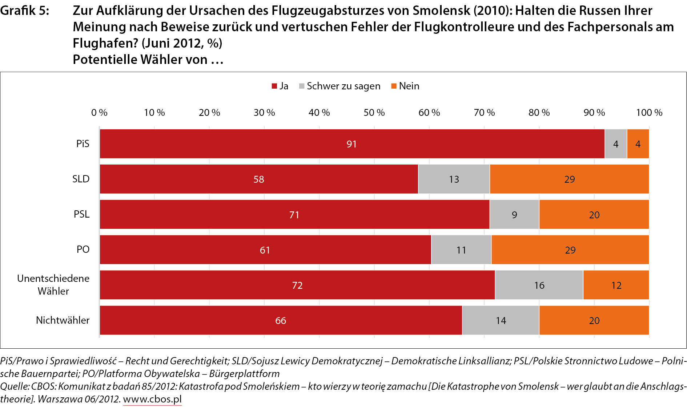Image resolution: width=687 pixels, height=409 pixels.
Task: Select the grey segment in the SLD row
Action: [454, 179]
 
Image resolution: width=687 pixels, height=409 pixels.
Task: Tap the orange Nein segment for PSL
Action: [594, 215]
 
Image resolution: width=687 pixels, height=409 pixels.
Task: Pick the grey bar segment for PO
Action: [461, 250]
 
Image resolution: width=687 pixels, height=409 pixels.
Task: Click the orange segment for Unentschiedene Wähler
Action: [616, 285]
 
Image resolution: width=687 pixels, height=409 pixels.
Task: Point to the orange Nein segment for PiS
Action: [638, 144]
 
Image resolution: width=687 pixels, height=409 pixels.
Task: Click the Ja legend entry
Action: [280, 86]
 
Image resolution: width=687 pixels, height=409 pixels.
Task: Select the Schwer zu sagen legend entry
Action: [340, 86]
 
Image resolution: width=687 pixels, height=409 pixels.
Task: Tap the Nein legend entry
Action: [405, 86]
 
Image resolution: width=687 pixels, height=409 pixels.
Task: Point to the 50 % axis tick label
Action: [374, 113]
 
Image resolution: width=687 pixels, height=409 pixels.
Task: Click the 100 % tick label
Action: [649, 113]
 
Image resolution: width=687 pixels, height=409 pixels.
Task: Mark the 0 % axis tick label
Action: [99, 113]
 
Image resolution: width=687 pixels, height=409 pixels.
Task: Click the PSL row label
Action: [81, 214]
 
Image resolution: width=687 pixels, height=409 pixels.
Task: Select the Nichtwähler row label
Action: [63, 320]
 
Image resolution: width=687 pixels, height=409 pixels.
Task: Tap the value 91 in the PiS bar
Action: [351, 144]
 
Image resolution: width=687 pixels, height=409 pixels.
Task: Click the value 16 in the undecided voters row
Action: [539, 286]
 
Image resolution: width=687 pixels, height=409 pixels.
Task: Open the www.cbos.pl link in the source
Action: [152, 399]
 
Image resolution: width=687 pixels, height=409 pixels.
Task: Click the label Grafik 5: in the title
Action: [24, 11]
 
